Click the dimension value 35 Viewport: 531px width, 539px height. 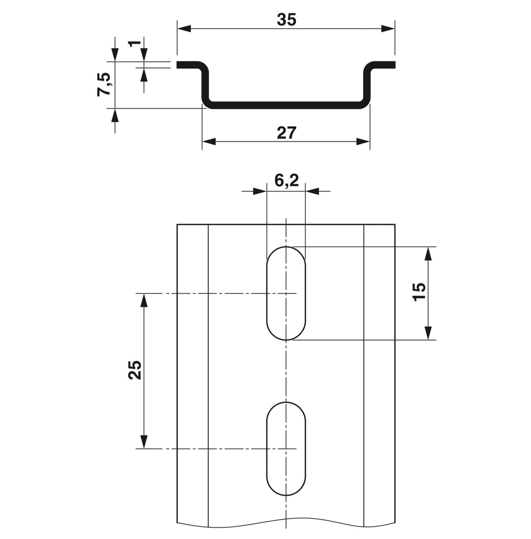(286, 20)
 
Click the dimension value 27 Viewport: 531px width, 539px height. (286, 133)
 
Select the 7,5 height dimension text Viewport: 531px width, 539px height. (104, 84)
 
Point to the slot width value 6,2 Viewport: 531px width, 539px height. (286, 181)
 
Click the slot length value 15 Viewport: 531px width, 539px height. (419, 292)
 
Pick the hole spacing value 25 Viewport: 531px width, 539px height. (135, 370)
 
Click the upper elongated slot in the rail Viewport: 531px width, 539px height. (286, 293)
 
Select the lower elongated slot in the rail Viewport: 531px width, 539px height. (286, 449)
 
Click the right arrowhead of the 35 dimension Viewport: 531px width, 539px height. (389, 29)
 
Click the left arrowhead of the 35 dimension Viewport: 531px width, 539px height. (184, 29)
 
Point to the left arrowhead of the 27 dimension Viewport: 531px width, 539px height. (209, 142)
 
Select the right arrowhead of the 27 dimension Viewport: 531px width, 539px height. (363, 142)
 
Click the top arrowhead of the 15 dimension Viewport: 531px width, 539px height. (429, 253)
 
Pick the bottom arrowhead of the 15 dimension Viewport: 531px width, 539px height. (429, 333)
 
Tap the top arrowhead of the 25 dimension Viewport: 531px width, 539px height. (143, 300)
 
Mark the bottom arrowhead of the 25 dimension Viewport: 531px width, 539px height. (143, 442)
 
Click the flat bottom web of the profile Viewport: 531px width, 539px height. (286, 104)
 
